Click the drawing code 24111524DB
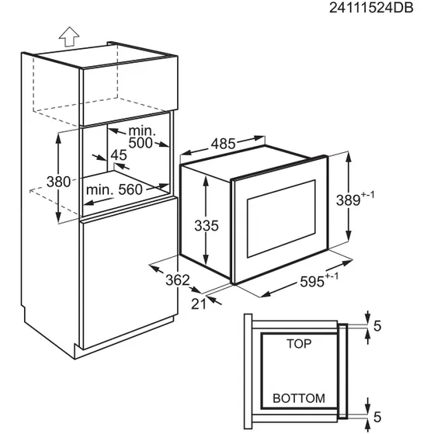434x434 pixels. pos(371,8)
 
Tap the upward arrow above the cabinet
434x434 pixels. pos(69,36)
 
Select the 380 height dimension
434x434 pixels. pos(58,182)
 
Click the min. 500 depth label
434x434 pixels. pos(141,137)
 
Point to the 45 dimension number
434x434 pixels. pos(119,155)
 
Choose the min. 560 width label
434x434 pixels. pos(114,190)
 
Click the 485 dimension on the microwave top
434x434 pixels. pos(223,144)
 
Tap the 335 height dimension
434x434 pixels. pos(207,226)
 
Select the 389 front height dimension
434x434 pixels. pos(348,200)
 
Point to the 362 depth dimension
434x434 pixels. pos(178,280)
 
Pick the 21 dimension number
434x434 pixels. pos(199,304)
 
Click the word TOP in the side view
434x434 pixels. pos(299,344)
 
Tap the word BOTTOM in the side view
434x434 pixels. pos(299,398)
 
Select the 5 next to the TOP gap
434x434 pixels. pos(377,326)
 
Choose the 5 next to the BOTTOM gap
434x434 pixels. pos(377,417)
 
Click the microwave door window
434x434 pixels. pos(281,219)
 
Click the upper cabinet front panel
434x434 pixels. pos(129,92)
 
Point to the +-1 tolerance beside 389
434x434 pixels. pos(367,196)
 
